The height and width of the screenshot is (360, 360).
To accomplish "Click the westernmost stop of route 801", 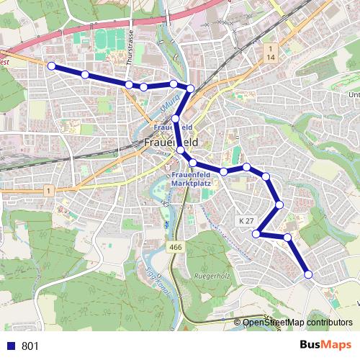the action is pos(51,66).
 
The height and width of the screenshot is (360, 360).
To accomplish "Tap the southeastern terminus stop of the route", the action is pos(308,274).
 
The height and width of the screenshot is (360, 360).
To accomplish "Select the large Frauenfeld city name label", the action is pos(171,142).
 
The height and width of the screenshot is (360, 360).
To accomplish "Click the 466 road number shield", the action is pos(175,247).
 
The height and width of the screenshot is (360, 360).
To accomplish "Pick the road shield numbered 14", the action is pos(271,56).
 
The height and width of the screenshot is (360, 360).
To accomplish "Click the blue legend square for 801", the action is pos(10,346).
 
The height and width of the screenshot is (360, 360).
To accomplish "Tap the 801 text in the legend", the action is pos(30,346).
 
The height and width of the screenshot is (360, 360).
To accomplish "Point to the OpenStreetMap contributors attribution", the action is pos(296,323).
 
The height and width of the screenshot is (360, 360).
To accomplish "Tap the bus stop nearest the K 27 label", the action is pos(256,233).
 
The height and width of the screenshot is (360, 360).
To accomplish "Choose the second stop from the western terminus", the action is pos(85,74).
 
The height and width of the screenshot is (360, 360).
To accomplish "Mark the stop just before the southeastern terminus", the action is pos(287,237).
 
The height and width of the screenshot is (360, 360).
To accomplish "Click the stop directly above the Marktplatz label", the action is pos(193,163).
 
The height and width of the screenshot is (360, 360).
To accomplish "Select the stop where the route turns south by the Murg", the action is pos(190,88).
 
